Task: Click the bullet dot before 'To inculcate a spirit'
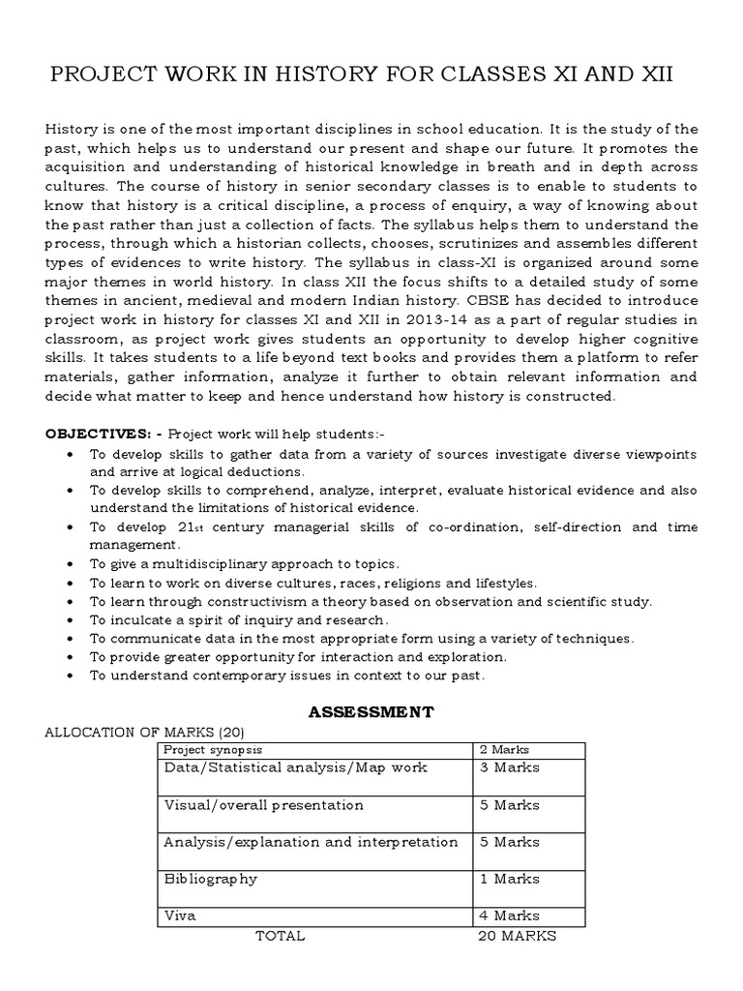[72, 619]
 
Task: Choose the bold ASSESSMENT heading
[371, 712]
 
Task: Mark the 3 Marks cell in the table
[510, 767]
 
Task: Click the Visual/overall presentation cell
[264, 805]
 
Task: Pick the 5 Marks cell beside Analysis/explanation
[510, 842]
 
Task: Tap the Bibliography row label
[211, 879]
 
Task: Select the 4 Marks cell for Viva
[510, 916]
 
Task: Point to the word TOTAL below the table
[280, 936]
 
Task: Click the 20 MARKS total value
[518, 936]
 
